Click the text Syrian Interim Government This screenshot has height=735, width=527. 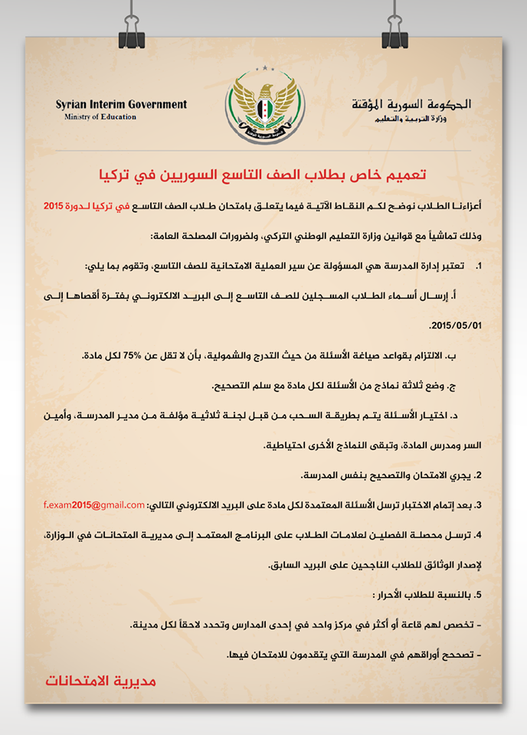tap(121, 104)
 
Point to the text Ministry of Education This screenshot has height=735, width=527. tap(100, 117)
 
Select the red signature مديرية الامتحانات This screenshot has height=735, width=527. tap(100, 680)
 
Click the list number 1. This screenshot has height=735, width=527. tap(479, 266)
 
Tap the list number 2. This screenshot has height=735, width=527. tap(478, 475)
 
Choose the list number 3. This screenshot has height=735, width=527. tap(478, 505)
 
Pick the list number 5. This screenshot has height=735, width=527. tap(478, 595)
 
